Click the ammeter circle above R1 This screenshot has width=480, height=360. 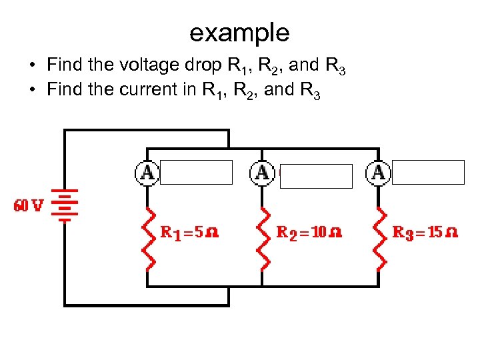[x=147, y=173]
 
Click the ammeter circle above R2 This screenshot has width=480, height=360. [x=262, y=173]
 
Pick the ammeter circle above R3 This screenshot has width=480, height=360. [x=378, y=173]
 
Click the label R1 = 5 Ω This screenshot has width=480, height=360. [x=190, y=233]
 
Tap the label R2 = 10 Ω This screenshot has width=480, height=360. [x=309, y=233]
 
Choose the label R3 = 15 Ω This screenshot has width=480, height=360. [x=425, y=233]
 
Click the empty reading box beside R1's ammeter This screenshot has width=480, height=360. [x=196, y=172]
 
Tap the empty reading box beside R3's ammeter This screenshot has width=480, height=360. [x=427, y=172]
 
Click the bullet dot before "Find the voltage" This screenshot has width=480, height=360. [x=32, y=66]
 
